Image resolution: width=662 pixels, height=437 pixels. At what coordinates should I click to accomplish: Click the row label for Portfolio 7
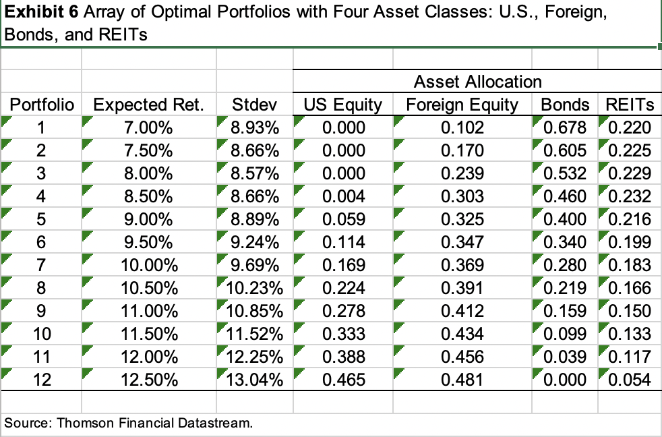point(42,265)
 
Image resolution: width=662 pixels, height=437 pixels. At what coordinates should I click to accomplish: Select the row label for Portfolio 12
point(42,380)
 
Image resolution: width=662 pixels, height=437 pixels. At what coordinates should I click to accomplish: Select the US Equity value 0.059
point(344,219)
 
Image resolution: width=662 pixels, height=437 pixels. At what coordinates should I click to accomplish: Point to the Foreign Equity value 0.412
point(462,311)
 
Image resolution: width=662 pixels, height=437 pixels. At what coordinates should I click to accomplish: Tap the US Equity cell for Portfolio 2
point(344,150)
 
